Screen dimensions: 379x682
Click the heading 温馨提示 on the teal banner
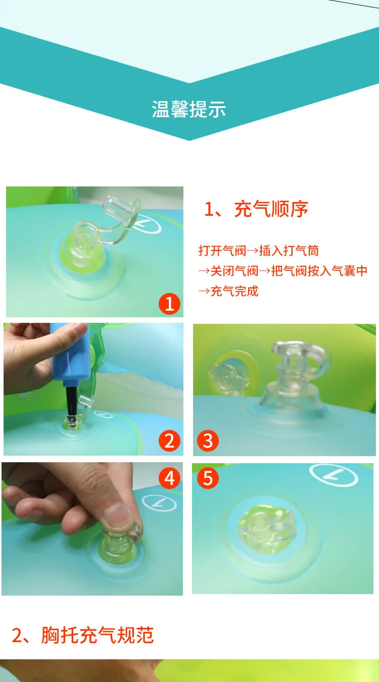pos(189,109)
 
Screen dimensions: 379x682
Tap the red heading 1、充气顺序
pos(256,209)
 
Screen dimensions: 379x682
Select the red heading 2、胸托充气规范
pos(82,635)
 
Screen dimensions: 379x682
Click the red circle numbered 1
pos(169,304)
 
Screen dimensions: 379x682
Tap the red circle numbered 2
pos(169,441)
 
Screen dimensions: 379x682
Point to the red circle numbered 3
pos(208,440)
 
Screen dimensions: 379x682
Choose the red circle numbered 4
pos(169,478)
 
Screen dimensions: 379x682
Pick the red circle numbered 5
pos(208,478)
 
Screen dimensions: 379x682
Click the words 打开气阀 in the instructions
pos(222,251)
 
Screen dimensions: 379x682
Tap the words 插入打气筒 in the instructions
pos(289,251)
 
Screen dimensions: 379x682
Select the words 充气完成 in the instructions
pos(234,291)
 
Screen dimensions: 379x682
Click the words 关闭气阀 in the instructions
pos(234,271)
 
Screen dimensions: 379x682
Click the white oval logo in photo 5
pos(334,475)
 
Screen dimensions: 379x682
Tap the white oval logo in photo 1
pos(146,223)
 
